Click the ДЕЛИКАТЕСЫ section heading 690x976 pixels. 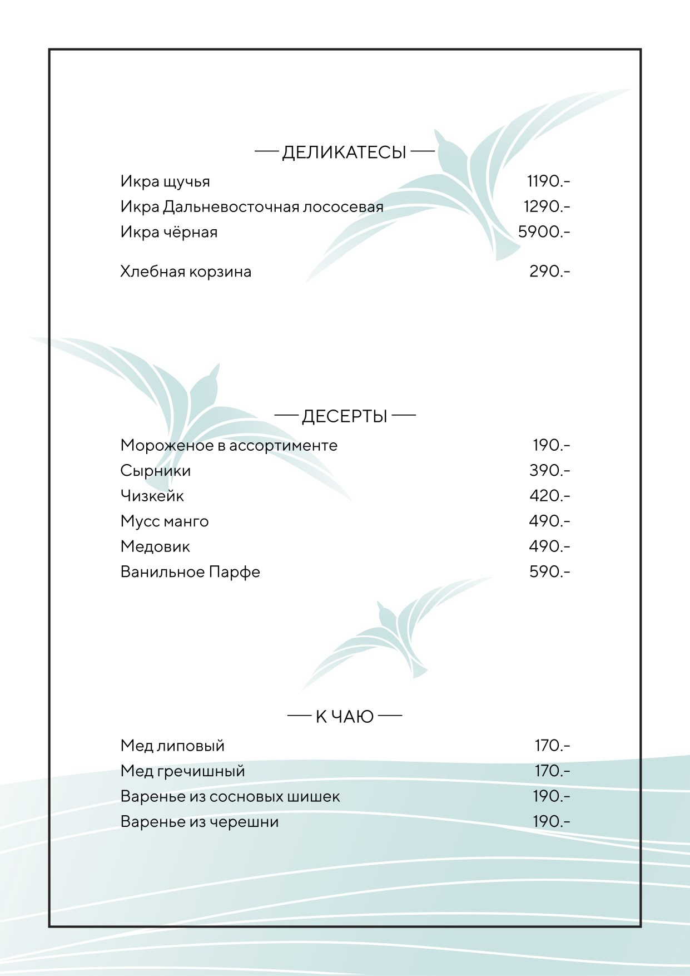344,152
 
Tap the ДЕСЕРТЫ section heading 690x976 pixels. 344,416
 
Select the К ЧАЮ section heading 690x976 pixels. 344,717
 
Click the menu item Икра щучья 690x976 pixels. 165,182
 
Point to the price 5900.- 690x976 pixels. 544,231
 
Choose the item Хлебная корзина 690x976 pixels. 186,272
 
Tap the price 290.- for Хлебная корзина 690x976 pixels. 549,272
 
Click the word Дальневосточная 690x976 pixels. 231,207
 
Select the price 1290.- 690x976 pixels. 547,206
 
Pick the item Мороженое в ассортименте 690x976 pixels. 229,445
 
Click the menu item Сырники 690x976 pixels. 156,471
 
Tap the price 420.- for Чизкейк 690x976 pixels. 549,496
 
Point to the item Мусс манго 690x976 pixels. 165,521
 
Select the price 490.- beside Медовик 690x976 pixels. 549,546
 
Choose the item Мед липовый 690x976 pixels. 172,746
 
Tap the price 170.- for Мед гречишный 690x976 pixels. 552,771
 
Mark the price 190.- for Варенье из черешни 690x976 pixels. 551,821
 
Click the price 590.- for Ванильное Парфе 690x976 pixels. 549,571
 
